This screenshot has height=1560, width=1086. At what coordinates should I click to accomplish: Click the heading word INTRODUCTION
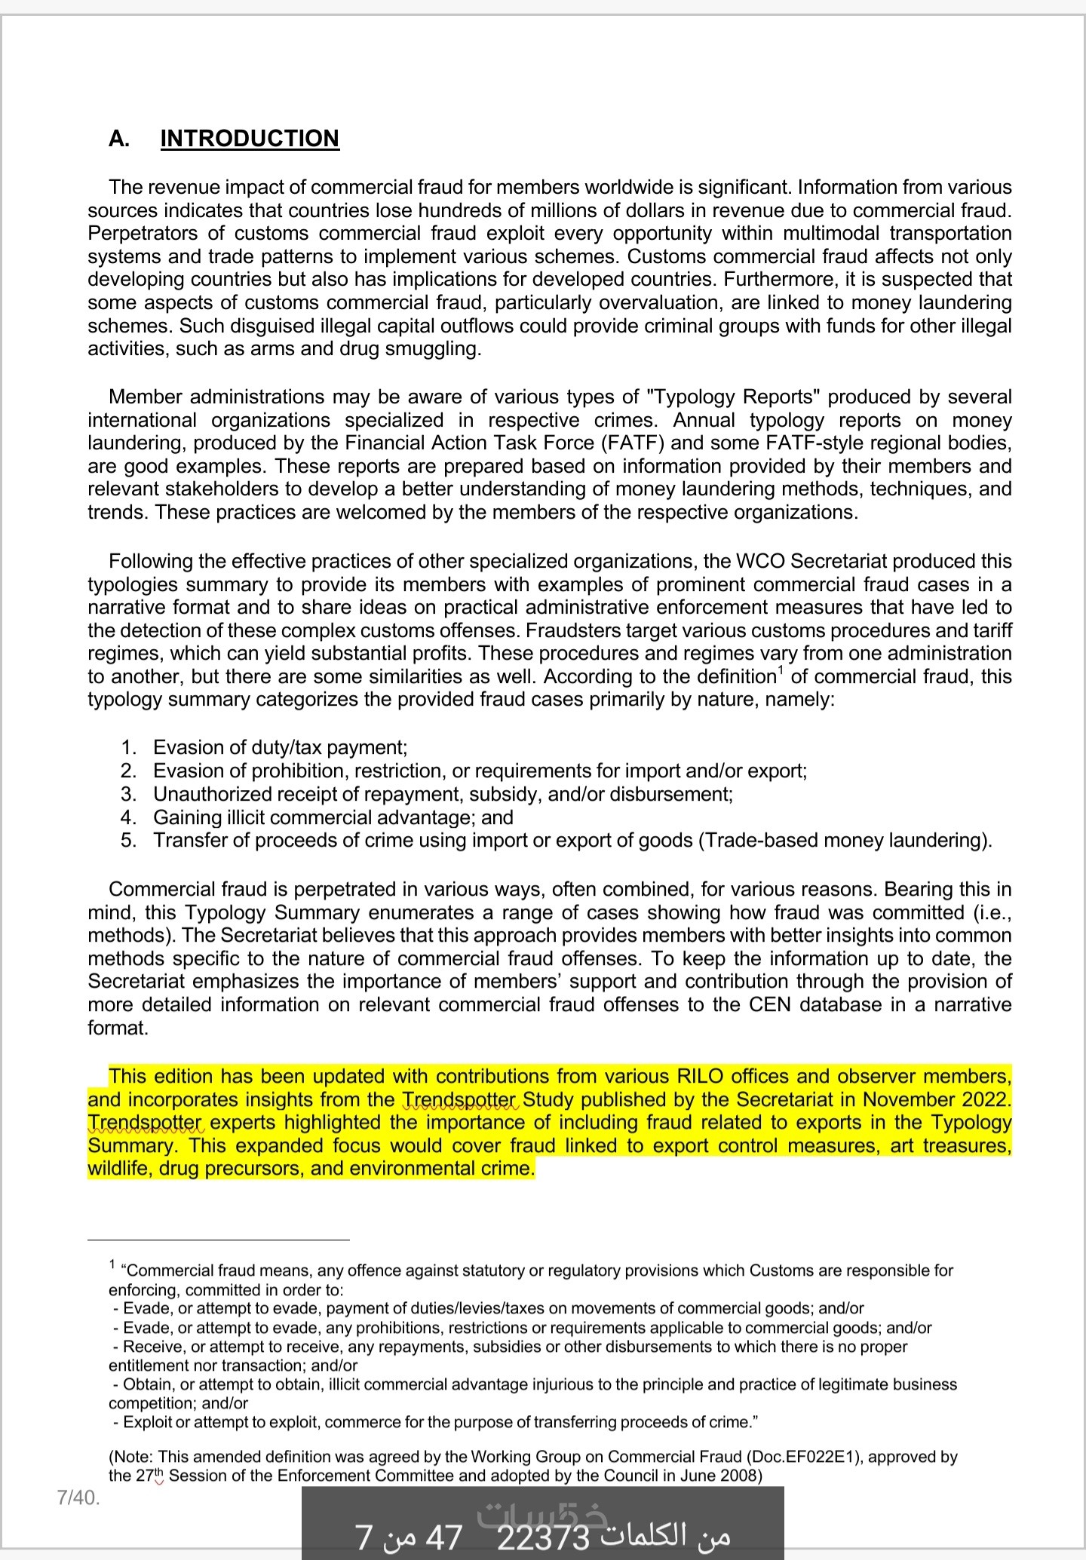click(x=250, y=139)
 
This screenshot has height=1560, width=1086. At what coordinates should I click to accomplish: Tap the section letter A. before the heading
click(x=118, y=139)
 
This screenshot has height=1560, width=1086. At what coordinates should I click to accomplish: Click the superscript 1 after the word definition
click(x=781, y=671)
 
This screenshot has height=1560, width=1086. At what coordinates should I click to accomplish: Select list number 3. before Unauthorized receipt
click(x=129, y=794)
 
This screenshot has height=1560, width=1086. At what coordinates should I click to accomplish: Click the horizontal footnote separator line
click(x=219, y=1239)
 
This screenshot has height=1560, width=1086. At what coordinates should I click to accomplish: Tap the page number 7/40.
click(x=78, y=1497)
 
